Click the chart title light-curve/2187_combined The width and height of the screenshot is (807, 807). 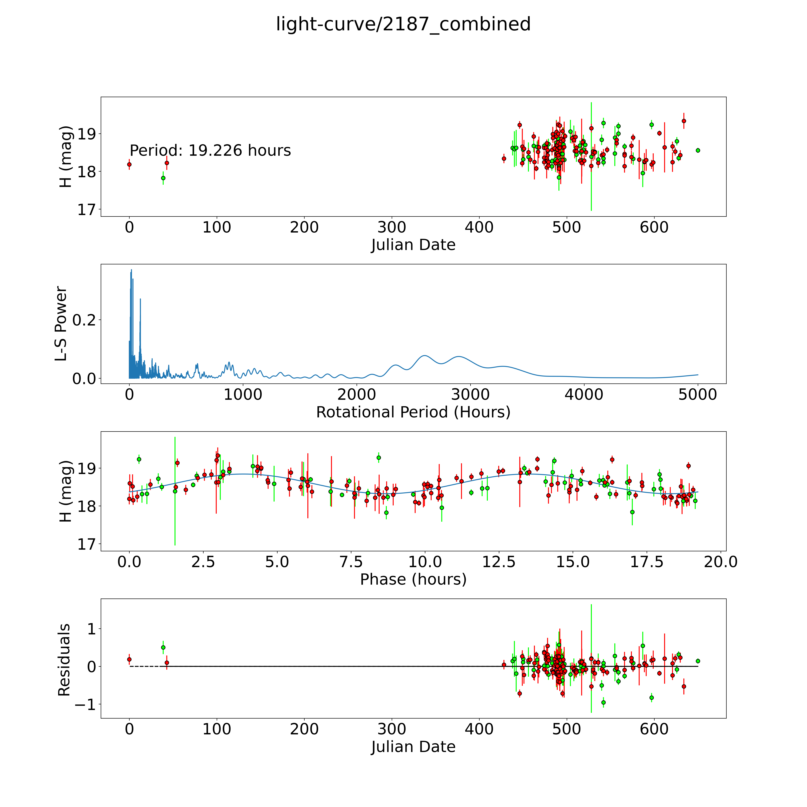[403, 24]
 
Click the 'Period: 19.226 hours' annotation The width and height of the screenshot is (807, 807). [210, 150]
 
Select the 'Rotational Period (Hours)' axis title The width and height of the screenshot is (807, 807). [413, 412]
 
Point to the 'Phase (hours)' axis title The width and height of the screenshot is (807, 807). [413, 579]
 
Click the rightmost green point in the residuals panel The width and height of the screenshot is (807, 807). [698, 661]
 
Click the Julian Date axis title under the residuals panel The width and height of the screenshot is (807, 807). [413, 747]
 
